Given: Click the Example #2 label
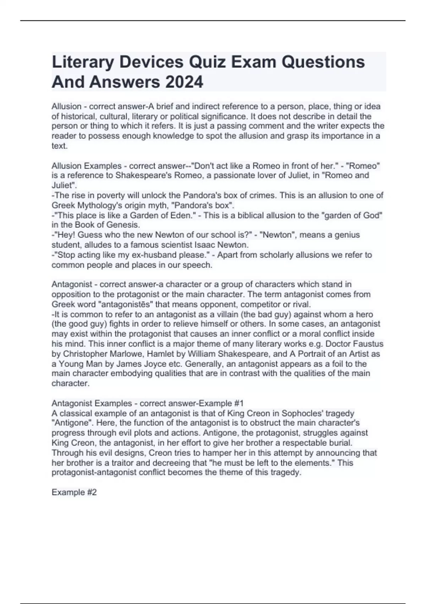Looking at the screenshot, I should point(74,492).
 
